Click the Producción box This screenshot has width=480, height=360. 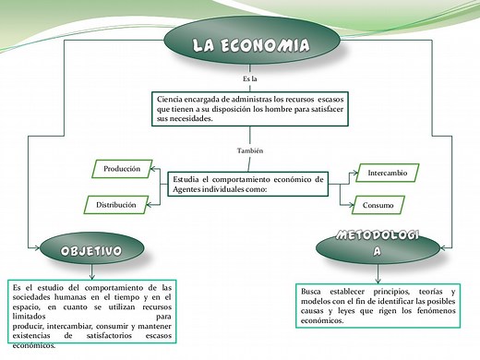[x=122, y=169]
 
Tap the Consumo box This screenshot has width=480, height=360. [x=378, y=205]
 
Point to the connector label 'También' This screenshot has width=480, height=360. [x=249, y=150]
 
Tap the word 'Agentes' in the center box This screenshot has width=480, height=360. [x=190, y=189]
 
